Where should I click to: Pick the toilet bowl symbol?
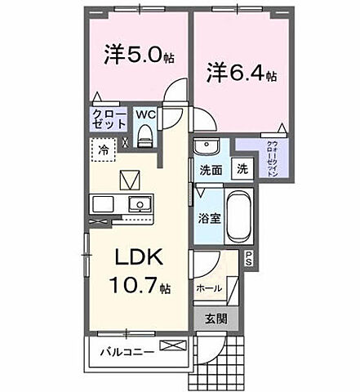pyautogui.click(x=146, y=138)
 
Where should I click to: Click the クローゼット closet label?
pyautogui.click(x=109, y=119)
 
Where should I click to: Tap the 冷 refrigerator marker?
pyautogui.click(x=104, y=150)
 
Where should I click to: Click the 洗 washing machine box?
pyautogui.click(x=242, y=170)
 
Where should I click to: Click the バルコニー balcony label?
pyautogui.click(x=121, y=352)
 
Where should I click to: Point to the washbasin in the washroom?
pyautogui.click(x=205, y=148)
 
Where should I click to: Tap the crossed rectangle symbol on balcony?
pyautogui.click(x=173, y=347)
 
